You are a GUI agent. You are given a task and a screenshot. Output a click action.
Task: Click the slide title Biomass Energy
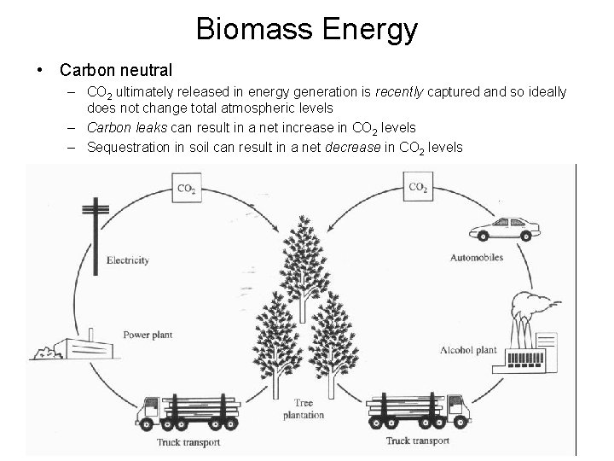tap(307, 29)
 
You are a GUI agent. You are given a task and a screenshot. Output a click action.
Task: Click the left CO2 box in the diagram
tap(185, 189)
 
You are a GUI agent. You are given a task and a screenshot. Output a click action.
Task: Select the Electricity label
tap(128, 260)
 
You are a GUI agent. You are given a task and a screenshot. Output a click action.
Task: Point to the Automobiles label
tap(474, 256)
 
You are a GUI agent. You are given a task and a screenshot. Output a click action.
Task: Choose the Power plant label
tap(148, 335)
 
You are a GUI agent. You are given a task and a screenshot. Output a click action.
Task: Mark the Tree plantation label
tap(304, 409)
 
